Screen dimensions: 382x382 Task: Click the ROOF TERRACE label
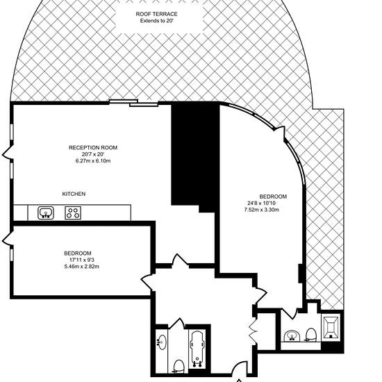[156, 14]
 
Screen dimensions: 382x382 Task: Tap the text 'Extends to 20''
[156, 21]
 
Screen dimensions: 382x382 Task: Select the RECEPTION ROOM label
[93, 148]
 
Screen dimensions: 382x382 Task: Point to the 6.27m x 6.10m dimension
[93, 161]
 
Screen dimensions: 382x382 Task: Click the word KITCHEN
[74, 194]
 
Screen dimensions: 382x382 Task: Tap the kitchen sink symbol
[46, 213]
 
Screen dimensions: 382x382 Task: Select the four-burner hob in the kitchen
[73, 213]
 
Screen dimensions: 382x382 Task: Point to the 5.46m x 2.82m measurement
[82, 267]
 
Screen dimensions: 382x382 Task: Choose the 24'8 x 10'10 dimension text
[262, 203]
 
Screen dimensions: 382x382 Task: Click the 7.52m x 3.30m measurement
[262, 210]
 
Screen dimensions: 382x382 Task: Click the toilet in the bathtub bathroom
[178, 366]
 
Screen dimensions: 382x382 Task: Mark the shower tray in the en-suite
[331, 326]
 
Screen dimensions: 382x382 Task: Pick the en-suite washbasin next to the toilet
[292, 335]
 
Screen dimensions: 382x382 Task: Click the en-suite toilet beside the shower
[310, 335]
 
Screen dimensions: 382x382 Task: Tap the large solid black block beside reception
[195, 156]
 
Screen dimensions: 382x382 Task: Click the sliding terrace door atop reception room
[133, 103]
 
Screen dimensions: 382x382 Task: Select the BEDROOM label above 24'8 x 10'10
[273, 197]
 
